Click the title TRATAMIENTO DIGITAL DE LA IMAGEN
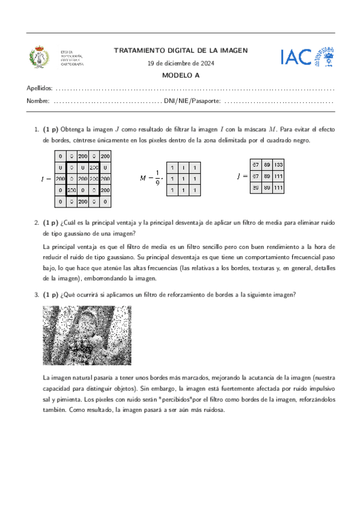click(x=180, y=51)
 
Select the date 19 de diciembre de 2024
click(x=180, y=64)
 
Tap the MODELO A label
click(x=180, y=75)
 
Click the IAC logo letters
click(x=296, y=57)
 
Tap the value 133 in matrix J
click(x=278, y=165)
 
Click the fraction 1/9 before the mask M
click(x=157, y=179)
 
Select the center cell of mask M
click(x=183, y=179)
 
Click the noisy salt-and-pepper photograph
click(x=87, y=336)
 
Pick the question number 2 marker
click(x=37, y=222)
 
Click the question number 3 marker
click(x=37, y=295)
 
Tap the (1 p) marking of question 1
click(x=50, y=129)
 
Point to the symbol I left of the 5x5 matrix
click(x=43, y=179)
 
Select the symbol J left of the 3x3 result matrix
click(x=239, y=176)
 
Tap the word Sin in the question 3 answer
click(x=148, y=389)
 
